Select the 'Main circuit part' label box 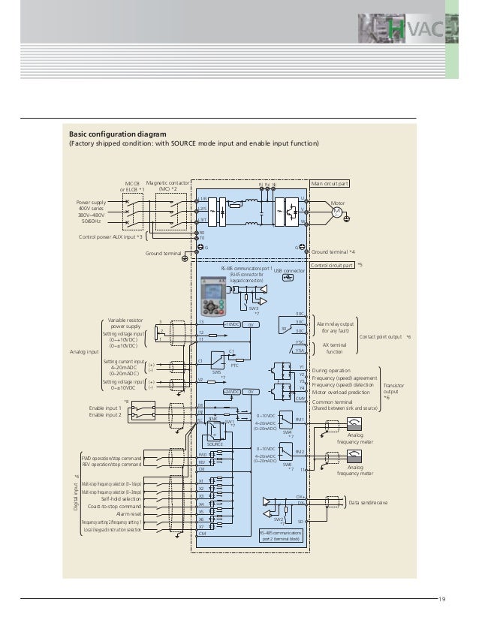click(330, 183)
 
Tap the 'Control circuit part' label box click(333, 265)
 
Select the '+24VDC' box click(232, 391)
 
